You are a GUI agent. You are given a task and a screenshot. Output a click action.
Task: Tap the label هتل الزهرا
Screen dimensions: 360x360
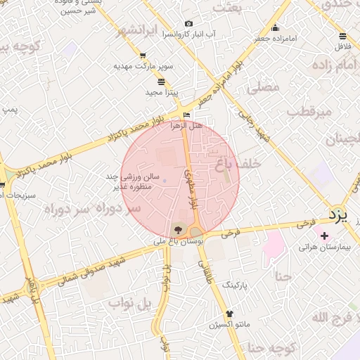(x=186, y=125)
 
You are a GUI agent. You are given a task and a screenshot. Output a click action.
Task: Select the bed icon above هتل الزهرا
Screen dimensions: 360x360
(x=186, y=115)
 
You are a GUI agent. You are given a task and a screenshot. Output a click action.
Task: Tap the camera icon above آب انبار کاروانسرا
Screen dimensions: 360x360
(x=188, y=24)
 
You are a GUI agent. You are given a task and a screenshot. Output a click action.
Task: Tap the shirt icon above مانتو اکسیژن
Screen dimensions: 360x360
(x=229, y=314)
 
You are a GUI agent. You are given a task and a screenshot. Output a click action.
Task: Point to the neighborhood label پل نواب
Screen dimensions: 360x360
(x=130, y=303)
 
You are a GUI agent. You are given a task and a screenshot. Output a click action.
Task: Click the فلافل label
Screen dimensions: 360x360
(x=342, y=46)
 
